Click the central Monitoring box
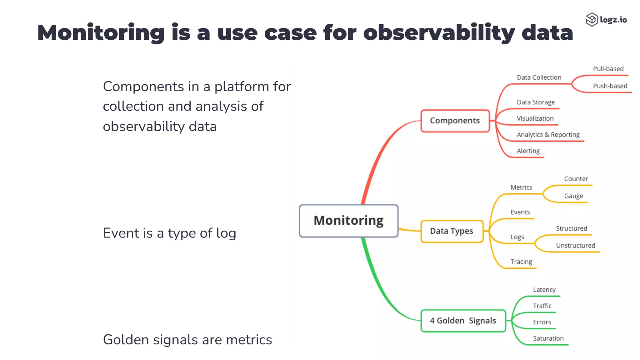pos(348,221)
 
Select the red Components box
pos(455,121)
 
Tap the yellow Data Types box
pos(452,231)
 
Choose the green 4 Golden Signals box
pos(463,321)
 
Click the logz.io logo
pos(606,20)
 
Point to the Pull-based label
pos(608,69)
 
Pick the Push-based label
pos(610,86)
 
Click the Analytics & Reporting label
pos(548,135)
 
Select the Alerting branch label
pos(528,151)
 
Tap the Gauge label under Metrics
pos(573,196)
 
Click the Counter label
pos(576,179)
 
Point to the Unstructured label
pos(575,246)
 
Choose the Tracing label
pos(521,262)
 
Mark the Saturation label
pos(548,338)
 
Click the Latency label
pos(544,290)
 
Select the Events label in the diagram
pos(520,212)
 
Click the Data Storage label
pos(536,102)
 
